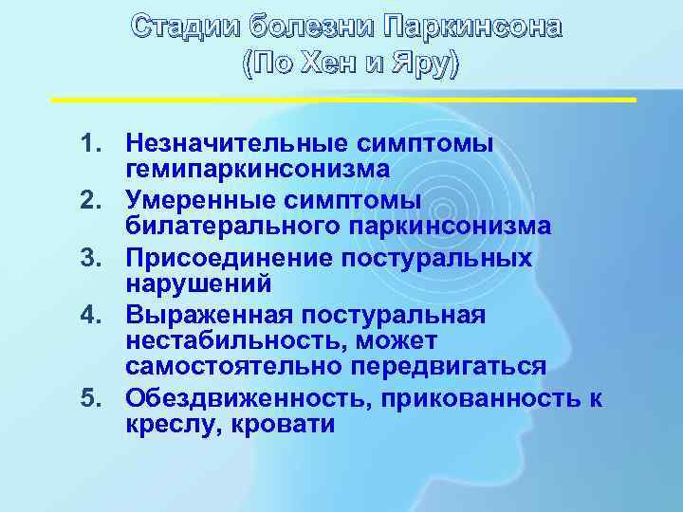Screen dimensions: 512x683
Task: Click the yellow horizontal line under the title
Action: [341, 99]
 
